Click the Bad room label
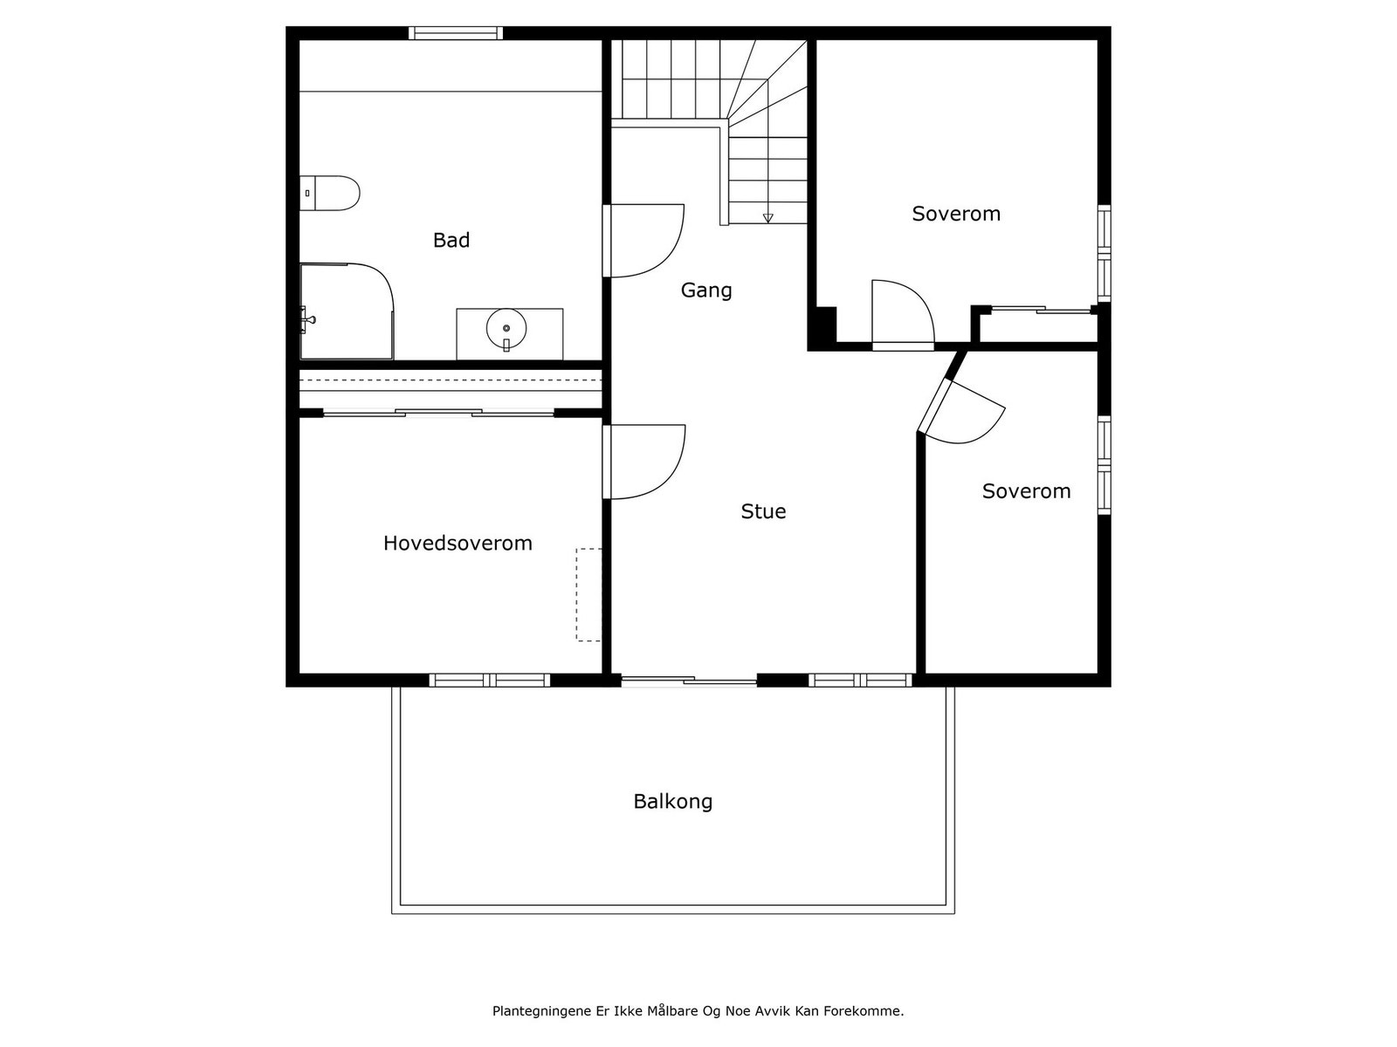[451, 240]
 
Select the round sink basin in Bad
[506, 329]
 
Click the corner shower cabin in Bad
[346, 311]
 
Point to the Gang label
[706, 290]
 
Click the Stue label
[763, 511]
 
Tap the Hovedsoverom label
[458, 543]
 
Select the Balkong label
[672, 801]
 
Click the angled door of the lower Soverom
[960, 410]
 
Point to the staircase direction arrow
[768, 217]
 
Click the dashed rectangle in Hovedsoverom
[588, 594]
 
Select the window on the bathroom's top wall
[456, 33]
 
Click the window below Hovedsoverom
[489, 680]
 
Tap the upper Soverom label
[956, 214]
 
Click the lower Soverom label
[1026, 491]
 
